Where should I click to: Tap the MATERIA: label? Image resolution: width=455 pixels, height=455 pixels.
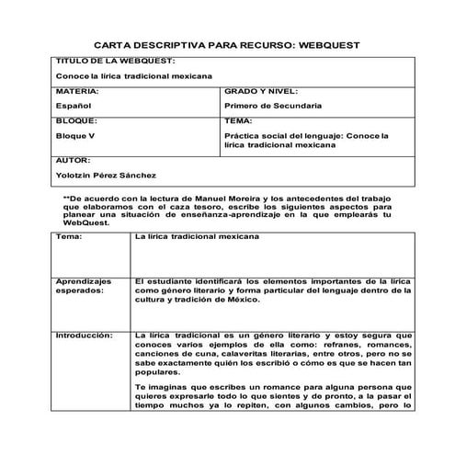coord(77,93)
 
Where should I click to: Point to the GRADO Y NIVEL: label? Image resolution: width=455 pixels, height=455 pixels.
coord(262,93)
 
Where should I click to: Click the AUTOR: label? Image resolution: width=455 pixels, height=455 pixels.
coord(74,160)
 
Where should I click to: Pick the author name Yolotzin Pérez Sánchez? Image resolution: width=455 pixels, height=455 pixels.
coord(107,175)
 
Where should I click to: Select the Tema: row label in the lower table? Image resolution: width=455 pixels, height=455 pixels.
coord(69,237)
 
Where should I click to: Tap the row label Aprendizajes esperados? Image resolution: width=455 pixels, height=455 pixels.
coord(84,285)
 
